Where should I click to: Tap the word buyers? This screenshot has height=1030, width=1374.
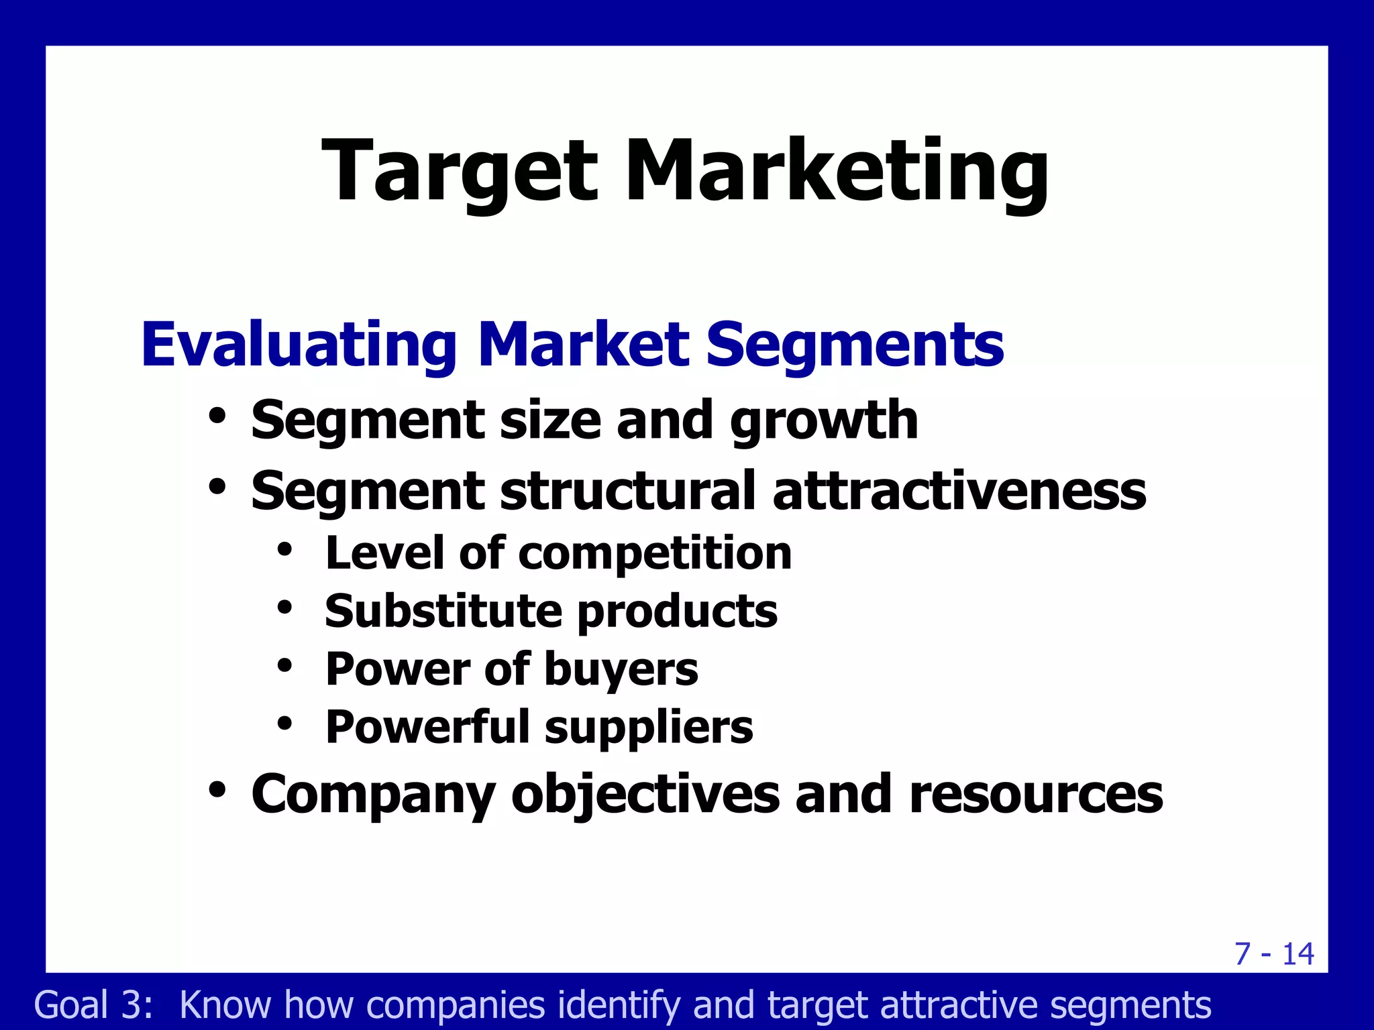[621, 670]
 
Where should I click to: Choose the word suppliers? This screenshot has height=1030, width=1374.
[649, 728]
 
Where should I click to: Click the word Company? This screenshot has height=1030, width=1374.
[373, 795]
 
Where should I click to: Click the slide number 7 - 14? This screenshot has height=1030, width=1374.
[1274, 954]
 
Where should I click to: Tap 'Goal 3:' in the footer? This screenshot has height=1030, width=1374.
[94, 1005]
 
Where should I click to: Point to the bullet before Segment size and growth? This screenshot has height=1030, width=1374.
[217, 416]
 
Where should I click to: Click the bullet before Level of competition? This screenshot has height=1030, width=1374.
[285, 550]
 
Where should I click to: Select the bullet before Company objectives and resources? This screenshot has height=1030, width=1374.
[217, 789]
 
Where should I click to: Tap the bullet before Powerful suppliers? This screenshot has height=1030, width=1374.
[285, 723]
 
